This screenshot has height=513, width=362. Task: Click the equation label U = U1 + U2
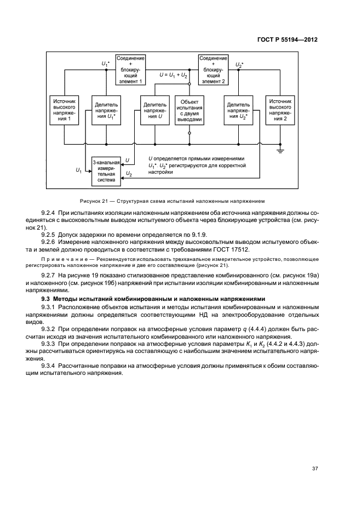(x=174, y=75)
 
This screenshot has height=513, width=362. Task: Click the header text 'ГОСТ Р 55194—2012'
(x=288, y=40)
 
